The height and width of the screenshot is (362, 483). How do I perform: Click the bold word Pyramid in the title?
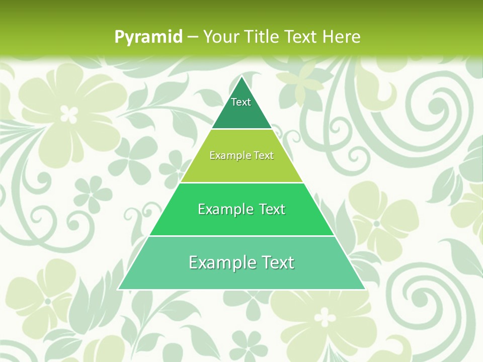pyautogui.click(x=148, y=37)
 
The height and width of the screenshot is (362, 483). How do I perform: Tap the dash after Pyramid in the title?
pyautogui.click(x=192, y=37)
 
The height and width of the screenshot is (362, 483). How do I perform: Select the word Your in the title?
pyautogui.click(x=219, y=37)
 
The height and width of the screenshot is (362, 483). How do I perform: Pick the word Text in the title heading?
pyautogui.click(x=301, y=37)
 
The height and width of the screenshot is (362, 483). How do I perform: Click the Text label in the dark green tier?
pyautogui.click(x=241, y=102)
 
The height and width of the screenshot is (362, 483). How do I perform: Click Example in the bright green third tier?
pyautogui.click(x=224, y=209)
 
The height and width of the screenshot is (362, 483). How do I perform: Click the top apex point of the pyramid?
pyautogui.click(x=242, y=76)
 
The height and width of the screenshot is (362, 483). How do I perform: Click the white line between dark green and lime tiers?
pyautogui.click(x=242, y=129)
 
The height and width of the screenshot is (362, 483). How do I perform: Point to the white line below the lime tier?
pyautogui.click(x=242, y=183)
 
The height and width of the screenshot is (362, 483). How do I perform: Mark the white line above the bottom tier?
pyautogui.click(x=242, y=236)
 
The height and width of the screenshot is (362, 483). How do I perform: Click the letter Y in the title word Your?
pyautogui.click(x=207, y=37)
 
